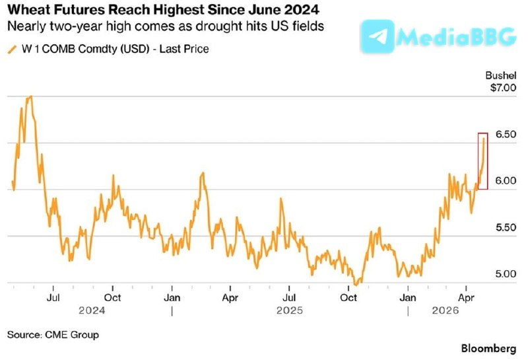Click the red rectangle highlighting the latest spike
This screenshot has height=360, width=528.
(x=482, y=161)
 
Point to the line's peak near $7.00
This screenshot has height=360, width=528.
(x=30, y=97)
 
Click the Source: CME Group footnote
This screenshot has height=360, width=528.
(x=53, y=335)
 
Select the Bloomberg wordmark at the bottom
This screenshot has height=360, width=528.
(x=489, y=348)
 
